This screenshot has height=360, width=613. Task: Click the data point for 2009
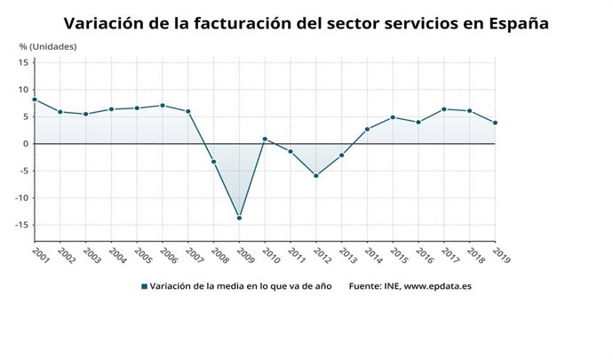[x=239, y=218]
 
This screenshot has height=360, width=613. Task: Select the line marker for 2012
[x=315, y=176]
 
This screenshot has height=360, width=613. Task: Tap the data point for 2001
[x=34, y=100]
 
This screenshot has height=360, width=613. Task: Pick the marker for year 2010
[x=265, y=139]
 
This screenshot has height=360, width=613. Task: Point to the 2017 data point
[x=444, y=109]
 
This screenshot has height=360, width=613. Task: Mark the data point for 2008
[x=213, y=161]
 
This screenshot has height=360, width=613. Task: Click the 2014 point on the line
[x=367, y=129]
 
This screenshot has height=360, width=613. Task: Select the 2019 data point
[x=495, y=123]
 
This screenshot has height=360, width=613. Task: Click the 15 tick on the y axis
[x=25, y=62]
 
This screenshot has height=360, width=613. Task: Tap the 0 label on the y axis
[x=27, y=144]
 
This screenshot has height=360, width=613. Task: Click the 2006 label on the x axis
[x=168, y=255]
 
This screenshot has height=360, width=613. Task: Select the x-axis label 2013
[x=347, y=255]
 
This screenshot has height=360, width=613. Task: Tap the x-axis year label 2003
[x=91, y=255]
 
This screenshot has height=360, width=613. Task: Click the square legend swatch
[x=144, y=286]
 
